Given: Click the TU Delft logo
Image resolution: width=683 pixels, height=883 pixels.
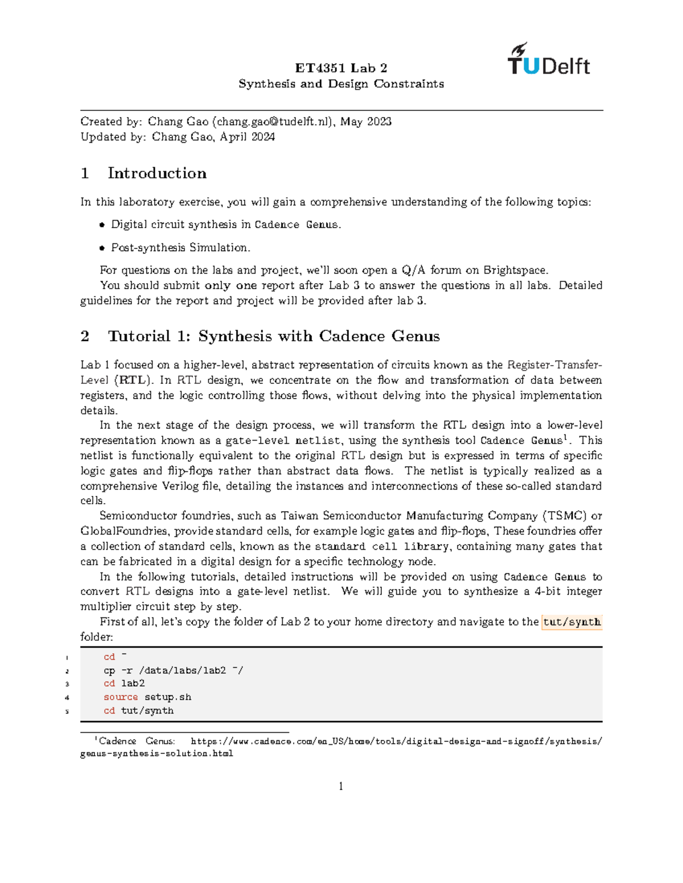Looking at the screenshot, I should [549, 60].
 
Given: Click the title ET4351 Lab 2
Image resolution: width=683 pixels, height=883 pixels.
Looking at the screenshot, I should [341, 68].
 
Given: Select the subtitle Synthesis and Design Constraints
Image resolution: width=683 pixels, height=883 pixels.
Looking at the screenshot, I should [341, 84].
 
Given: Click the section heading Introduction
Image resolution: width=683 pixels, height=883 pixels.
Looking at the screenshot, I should [157, 173].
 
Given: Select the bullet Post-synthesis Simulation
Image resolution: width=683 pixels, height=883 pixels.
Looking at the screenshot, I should [180, 248].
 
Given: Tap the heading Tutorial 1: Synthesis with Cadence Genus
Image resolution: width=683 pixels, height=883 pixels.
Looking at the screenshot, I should [273, 337].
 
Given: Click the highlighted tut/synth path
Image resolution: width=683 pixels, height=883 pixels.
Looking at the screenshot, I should [571, 622].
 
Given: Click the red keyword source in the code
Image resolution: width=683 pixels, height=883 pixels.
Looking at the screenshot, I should [121, 698].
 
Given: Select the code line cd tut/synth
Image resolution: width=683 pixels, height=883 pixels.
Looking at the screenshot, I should [138, 711].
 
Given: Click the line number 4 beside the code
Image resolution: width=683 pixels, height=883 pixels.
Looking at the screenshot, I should [67, 698].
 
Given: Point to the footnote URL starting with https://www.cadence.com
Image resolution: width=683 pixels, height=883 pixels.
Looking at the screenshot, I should [396, 741].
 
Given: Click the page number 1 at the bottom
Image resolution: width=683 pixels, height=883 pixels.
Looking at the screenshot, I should [341, 787].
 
